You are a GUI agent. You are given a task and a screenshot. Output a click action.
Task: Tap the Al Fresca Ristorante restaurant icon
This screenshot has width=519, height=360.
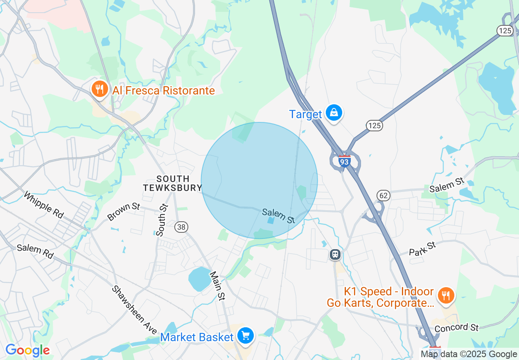coord(99,89)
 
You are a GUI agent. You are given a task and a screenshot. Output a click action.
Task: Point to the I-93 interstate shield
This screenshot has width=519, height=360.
coord(345,161)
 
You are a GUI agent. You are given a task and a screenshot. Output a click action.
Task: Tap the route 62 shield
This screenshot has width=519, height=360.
coord(384,196)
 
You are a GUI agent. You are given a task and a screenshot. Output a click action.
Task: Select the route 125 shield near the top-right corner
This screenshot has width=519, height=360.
coord(505,30)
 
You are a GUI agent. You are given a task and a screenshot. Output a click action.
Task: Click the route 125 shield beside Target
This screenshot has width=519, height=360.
coord(375,126)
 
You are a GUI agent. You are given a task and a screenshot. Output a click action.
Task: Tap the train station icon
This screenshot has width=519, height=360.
coord(335,254)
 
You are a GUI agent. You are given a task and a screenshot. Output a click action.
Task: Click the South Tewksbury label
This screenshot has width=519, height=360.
coord(173,183)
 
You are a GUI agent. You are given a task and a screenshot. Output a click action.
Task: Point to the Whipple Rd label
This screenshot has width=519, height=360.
coord(43,205)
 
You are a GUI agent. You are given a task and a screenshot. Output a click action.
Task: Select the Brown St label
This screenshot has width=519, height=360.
coord(124,211)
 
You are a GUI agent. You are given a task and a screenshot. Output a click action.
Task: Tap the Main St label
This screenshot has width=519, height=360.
coord(217,286)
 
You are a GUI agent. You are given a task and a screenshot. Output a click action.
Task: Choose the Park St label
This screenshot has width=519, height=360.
coord(422,249)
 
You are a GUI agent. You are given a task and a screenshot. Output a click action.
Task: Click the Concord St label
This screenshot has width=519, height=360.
coord(456,328)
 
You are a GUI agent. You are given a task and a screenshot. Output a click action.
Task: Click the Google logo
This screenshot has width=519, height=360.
coord(27,350)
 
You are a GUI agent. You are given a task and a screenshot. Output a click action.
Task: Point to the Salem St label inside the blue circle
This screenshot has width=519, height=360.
coord(278,216)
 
